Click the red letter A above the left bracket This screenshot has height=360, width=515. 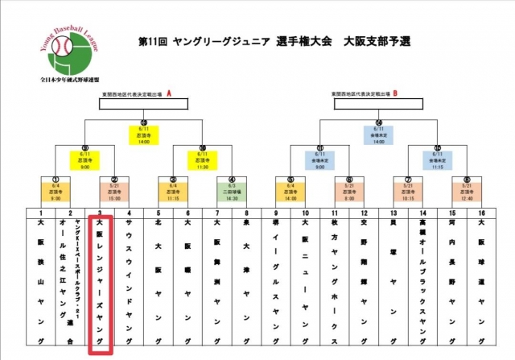tap(170, 94)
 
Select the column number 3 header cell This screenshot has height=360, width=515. tap(100, 213)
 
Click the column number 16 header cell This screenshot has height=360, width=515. tap(481, 213)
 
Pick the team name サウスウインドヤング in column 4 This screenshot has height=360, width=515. tap(129, 274)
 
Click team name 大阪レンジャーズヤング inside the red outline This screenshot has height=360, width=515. tap(100, 274)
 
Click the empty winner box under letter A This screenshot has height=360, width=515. tap(144, 104)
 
